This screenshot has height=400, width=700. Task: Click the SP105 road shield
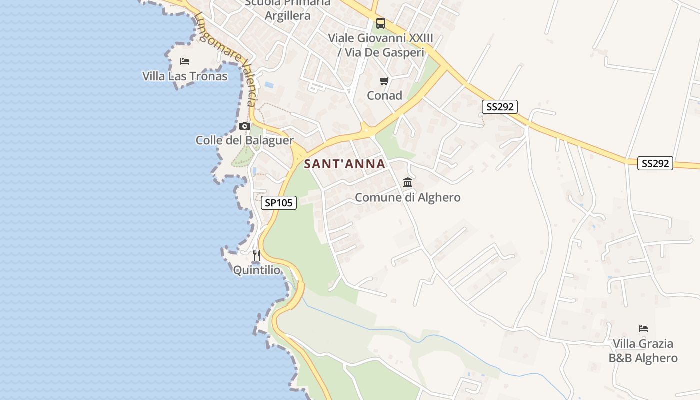tap(279, 202)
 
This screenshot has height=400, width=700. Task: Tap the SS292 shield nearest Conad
tap(500, 106)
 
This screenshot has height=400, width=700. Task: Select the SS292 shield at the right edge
tap(655, 163)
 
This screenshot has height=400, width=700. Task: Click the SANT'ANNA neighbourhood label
tap(345, 164)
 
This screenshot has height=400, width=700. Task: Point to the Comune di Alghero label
tap(408, 197)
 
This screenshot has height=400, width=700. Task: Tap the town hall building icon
tap(408, 182)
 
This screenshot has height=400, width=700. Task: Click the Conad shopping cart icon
tap(384, 81)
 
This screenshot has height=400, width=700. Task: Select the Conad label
tap(384, 95)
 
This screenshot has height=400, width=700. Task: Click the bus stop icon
tap(381, 23)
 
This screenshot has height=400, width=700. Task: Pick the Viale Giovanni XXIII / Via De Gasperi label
tap(380, 45)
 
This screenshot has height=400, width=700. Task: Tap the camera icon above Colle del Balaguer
tap(244, 126)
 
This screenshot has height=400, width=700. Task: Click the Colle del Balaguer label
tap(244, 140)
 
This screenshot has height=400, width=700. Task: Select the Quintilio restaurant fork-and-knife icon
tap(257, 255)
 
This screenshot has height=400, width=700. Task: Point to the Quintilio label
tap(257, 270)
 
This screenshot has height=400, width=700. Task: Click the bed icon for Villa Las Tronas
tap(185, 61)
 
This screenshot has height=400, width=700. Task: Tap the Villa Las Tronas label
tap(185, 76)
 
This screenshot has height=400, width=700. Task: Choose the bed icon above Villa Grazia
tap(643, 329)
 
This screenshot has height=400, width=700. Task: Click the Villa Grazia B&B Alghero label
tap(643, 351)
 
